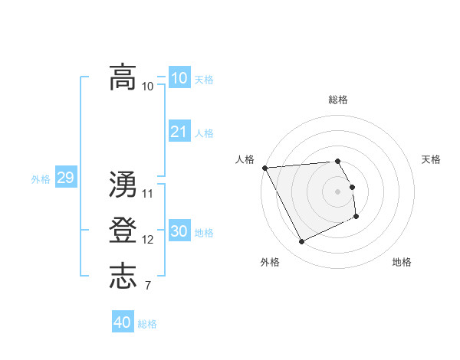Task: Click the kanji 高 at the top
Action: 123,77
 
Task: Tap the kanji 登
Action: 123,231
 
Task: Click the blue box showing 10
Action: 179,77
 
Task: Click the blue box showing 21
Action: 179,132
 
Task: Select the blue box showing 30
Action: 179,231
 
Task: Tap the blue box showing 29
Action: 65,178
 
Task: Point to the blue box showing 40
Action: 122,322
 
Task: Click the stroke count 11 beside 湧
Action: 148,193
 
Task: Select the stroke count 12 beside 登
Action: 148,240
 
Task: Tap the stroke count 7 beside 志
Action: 147,286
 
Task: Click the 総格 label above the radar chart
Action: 338,100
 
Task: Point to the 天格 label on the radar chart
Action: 431,159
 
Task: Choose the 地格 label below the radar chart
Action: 402,262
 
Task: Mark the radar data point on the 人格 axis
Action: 264,168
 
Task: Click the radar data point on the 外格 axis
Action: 301,242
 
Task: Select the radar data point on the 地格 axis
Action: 356,217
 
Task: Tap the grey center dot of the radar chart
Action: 338,191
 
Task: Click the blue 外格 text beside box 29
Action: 41,179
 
